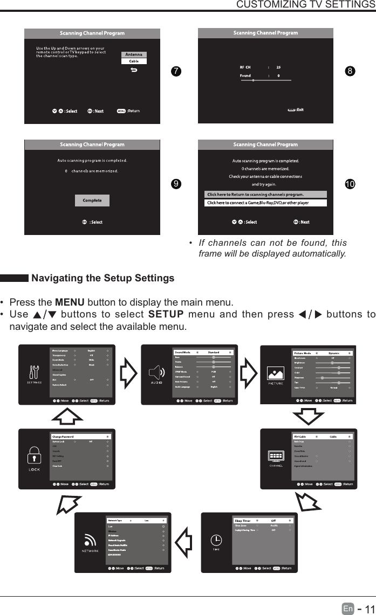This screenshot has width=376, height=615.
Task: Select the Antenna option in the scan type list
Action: [x=134, y=54]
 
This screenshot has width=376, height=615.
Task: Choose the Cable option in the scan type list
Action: [x=134, y=61]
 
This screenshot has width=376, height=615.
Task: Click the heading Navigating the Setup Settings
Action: [x=102, y=278]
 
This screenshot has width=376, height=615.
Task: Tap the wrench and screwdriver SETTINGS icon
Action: [x=35, y=371]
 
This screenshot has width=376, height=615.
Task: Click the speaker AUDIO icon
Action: [x=156, y=372]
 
